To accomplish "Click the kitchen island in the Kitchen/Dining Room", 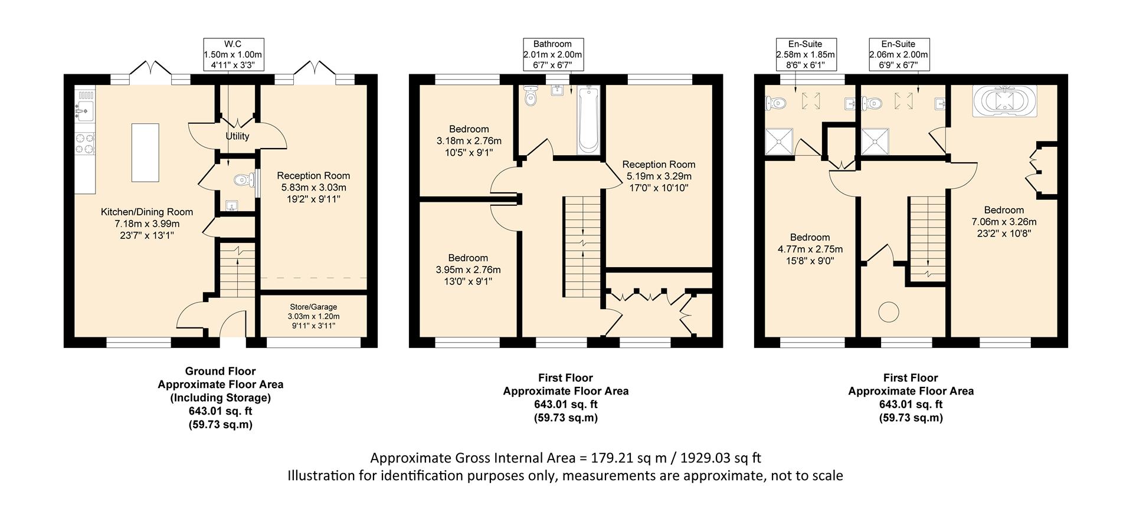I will (x=145, y=152).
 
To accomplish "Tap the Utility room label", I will (x=237, y=136).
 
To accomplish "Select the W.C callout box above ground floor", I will (x=233, y=55).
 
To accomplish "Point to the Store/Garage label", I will (x=313, y=307).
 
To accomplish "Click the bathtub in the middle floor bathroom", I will (x=588, y=119).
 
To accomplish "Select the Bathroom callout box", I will (x=552, y=55).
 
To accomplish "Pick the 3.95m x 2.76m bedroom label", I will (x=468, y=270).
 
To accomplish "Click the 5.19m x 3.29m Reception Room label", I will (x=659, y=176).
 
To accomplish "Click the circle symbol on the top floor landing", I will (x=887, y=311).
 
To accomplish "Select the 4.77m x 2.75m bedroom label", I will (x=810, y=249).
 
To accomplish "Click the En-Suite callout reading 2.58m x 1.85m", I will (x=805, y=55).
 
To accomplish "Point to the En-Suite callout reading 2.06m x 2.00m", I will (x=899, y=55).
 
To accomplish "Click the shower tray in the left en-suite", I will (x=778, y=142).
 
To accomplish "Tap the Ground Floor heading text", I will (x=220, y=371).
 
